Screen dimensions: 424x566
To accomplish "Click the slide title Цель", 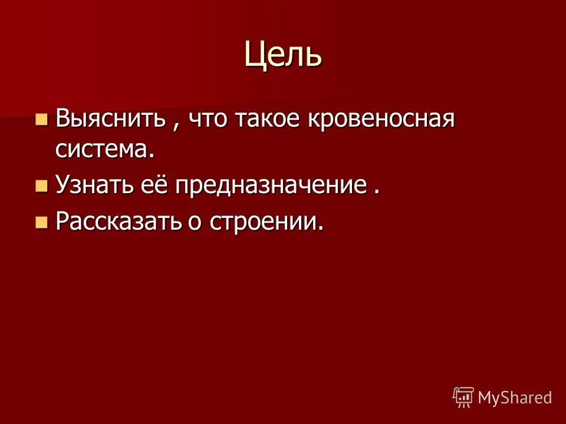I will [x=283, y=55].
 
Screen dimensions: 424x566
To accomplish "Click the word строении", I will [x=272, y=221].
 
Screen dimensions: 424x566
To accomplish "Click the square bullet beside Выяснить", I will [x=41, y=120].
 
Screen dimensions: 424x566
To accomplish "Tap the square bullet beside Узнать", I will [x=41, y=187].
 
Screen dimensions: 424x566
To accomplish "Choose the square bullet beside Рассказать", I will [x=41, y=222].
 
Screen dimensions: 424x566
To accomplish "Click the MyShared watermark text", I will [x=514, y=397].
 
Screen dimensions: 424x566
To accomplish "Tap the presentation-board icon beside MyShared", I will [x=463, y=397].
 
